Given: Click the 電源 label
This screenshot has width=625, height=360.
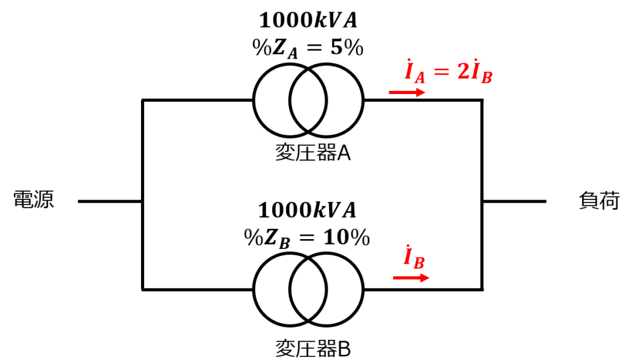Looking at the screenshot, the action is (x=34, y=200).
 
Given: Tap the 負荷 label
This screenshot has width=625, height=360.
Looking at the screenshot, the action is (x=599, y=200).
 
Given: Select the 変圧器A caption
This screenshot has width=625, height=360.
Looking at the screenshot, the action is (x=313, y=153).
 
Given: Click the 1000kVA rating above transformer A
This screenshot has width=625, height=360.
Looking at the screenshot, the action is (x=308, y=20).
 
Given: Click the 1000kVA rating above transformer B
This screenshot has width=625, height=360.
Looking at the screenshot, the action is (x=307, y=210).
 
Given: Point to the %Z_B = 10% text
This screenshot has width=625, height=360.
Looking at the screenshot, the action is (x=307, y=239).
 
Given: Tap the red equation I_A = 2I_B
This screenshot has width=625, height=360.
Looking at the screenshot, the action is (x=449, y=71).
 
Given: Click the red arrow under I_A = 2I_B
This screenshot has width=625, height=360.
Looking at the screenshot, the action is (x=407, y=93).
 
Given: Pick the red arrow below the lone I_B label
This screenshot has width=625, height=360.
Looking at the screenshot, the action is (x=411, y=278).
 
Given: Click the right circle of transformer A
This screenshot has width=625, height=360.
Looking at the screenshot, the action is (x=363, y=101).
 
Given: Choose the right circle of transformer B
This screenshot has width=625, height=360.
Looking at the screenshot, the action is (x=363, y=289).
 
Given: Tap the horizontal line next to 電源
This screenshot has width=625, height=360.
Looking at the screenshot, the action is (x=110, y=201).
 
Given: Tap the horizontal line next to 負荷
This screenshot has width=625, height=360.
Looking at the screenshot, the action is (x=514, y=201).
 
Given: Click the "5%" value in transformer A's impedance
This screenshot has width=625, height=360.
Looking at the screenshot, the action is (x=347, y=48).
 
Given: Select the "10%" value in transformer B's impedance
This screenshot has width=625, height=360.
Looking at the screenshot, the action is (x=347, y=237).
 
